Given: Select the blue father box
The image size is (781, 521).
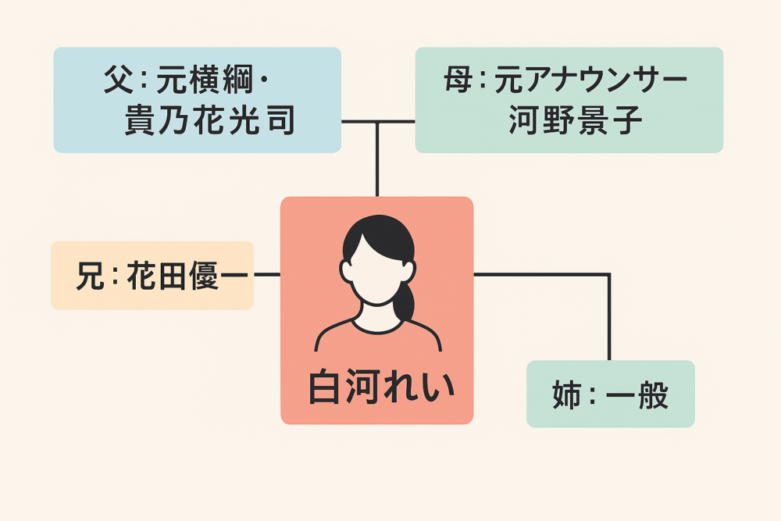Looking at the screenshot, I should (x=197, y=99).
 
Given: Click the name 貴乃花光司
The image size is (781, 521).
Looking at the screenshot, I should (x=209, y=121).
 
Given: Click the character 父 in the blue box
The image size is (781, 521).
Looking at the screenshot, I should (x=119, y=80).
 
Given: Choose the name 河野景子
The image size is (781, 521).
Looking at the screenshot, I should (x=575, y=121).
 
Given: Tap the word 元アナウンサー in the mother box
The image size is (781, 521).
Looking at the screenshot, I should (x=590, y=80).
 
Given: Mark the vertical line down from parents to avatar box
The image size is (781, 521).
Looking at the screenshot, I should (x=377, y=160).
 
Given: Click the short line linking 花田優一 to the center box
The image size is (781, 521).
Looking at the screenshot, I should (x=267, y=275).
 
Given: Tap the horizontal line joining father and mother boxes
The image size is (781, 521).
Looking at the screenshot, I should (x=378, y=122).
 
